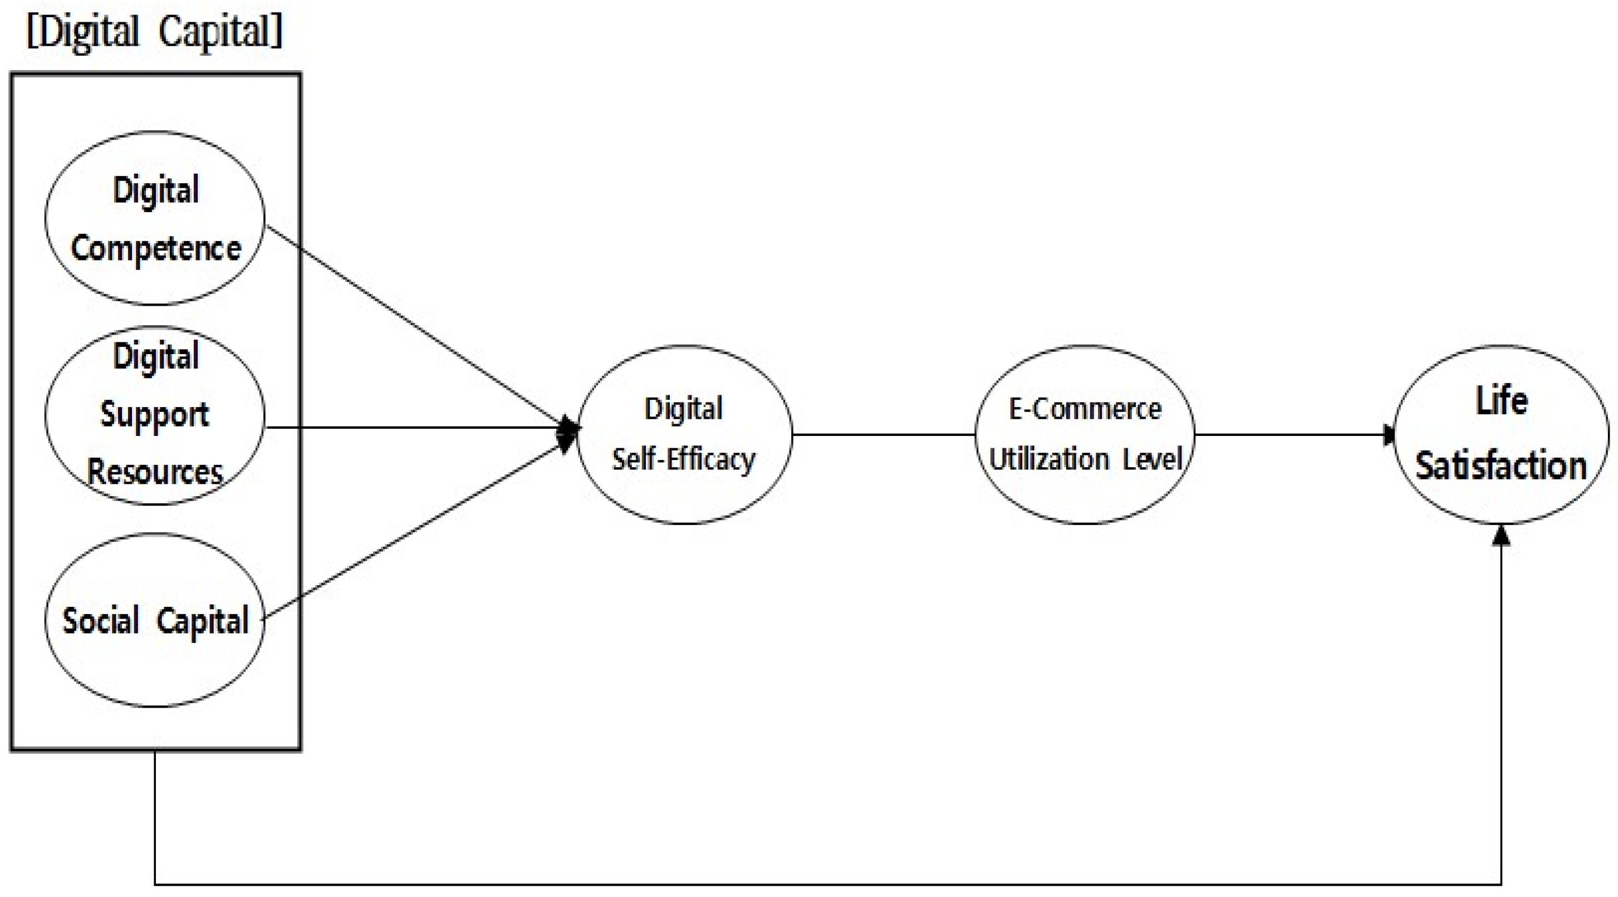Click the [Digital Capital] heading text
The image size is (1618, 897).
point(155,31)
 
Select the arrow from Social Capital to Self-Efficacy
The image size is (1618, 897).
point(415,528)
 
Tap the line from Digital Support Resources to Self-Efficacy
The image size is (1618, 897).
point(415,428)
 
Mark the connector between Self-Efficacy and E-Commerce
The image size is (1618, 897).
point(883,434)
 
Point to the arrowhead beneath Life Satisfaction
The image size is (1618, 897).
point(1501,536)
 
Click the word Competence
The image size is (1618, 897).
point(156,249)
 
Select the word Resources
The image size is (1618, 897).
point(155,472)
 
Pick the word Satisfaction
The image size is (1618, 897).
point(1501,467)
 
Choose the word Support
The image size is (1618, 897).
point(155,415)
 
